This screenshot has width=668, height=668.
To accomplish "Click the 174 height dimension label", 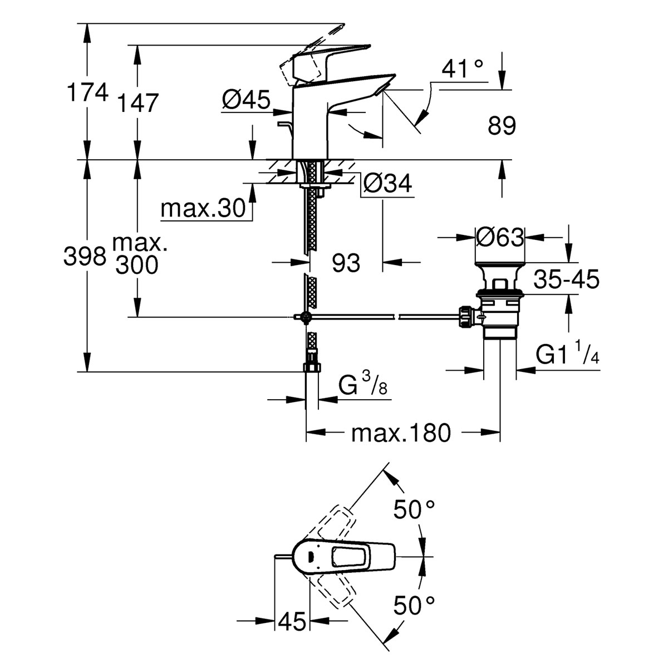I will (87, 92).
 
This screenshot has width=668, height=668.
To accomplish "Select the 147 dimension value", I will (138, 103).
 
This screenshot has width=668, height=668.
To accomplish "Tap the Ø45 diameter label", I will (245, 101).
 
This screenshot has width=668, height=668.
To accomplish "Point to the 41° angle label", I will (463, 69).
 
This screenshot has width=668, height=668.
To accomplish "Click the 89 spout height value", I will (502, 126).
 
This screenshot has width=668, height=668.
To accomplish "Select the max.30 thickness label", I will (203, 209).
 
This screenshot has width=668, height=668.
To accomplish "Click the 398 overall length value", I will (85, 257).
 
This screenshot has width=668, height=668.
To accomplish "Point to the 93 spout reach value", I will (346, 262).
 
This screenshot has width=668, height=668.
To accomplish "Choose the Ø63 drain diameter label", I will (500, 238).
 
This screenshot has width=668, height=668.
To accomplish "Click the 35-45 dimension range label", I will (566, 280).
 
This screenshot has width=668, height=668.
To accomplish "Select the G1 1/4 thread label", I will (567, 353).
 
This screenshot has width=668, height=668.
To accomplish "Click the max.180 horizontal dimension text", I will (400, 433).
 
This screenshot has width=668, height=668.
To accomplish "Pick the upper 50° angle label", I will (414, 509).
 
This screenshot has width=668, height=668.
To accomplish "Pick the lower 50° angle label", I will (414, 605).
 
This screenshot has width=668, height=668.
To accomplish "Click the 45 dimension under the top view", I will (292, 621).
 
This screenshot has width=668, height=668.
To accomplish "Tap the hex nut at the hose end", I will (311, 368).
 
